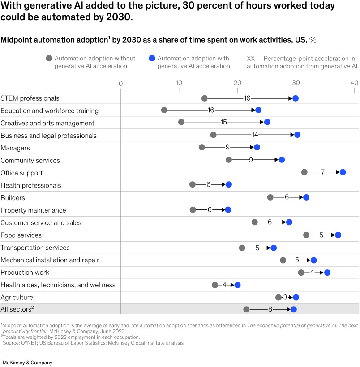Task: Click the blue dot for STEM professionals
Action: (296, 98)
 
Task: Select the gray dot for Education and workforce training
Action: (164, 110)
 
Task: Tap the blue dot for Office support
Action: (343, 172)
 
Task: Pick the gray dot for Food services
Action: (306, 235)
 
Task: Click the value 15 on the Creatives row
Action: (224, 122)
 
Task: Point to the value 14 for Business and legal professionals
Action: (255, 135)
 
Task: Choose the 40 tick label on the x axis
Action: (354, 83)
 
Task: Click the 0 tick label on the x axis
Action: (120, 83)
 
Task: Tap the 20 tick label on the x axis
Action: (237, 83)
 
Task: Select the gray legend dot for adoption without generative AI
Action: (49, 59)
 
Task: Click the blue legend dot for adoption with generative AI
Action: (151, 59)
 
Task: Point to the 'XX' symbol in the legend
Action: (251, 59)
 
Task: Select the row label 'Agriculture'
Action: (17, 297)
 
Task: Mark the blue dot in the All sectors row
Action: (294, 309)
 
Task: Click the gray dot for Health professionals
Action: (193, 184)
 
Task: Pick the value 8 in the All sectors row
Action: (270, 309)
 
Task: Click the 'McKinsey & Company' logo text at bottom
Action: (28, 350)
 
